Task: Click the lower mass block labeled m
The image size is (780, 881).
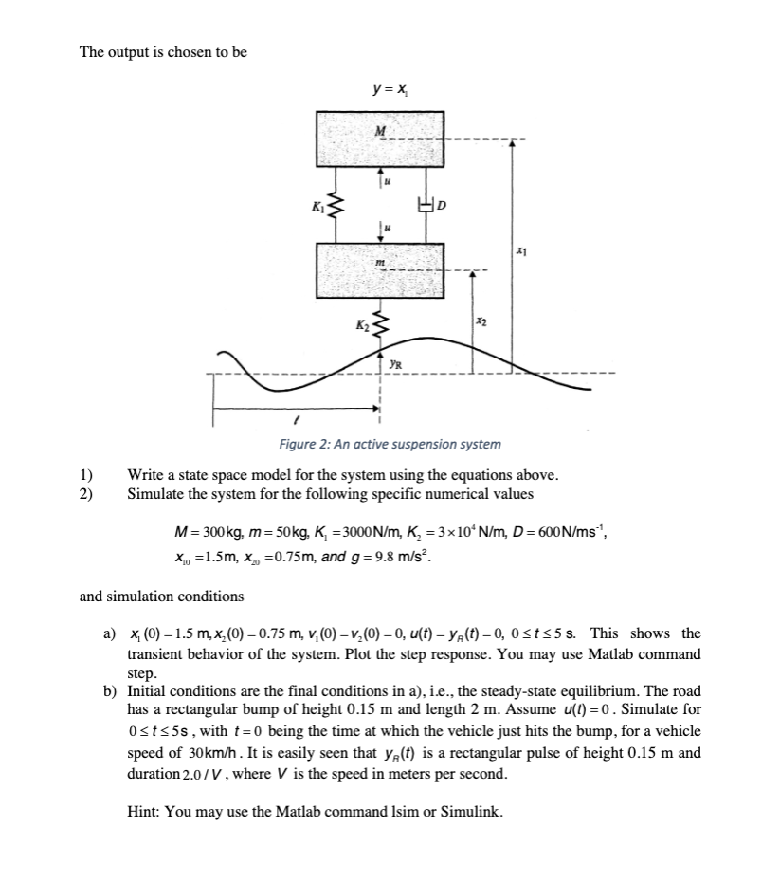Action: (379, 269)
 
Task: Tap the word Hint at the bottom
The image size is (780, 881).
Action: (144, 811)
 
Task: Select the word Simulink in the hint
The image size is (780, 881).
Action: (470, 811)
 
